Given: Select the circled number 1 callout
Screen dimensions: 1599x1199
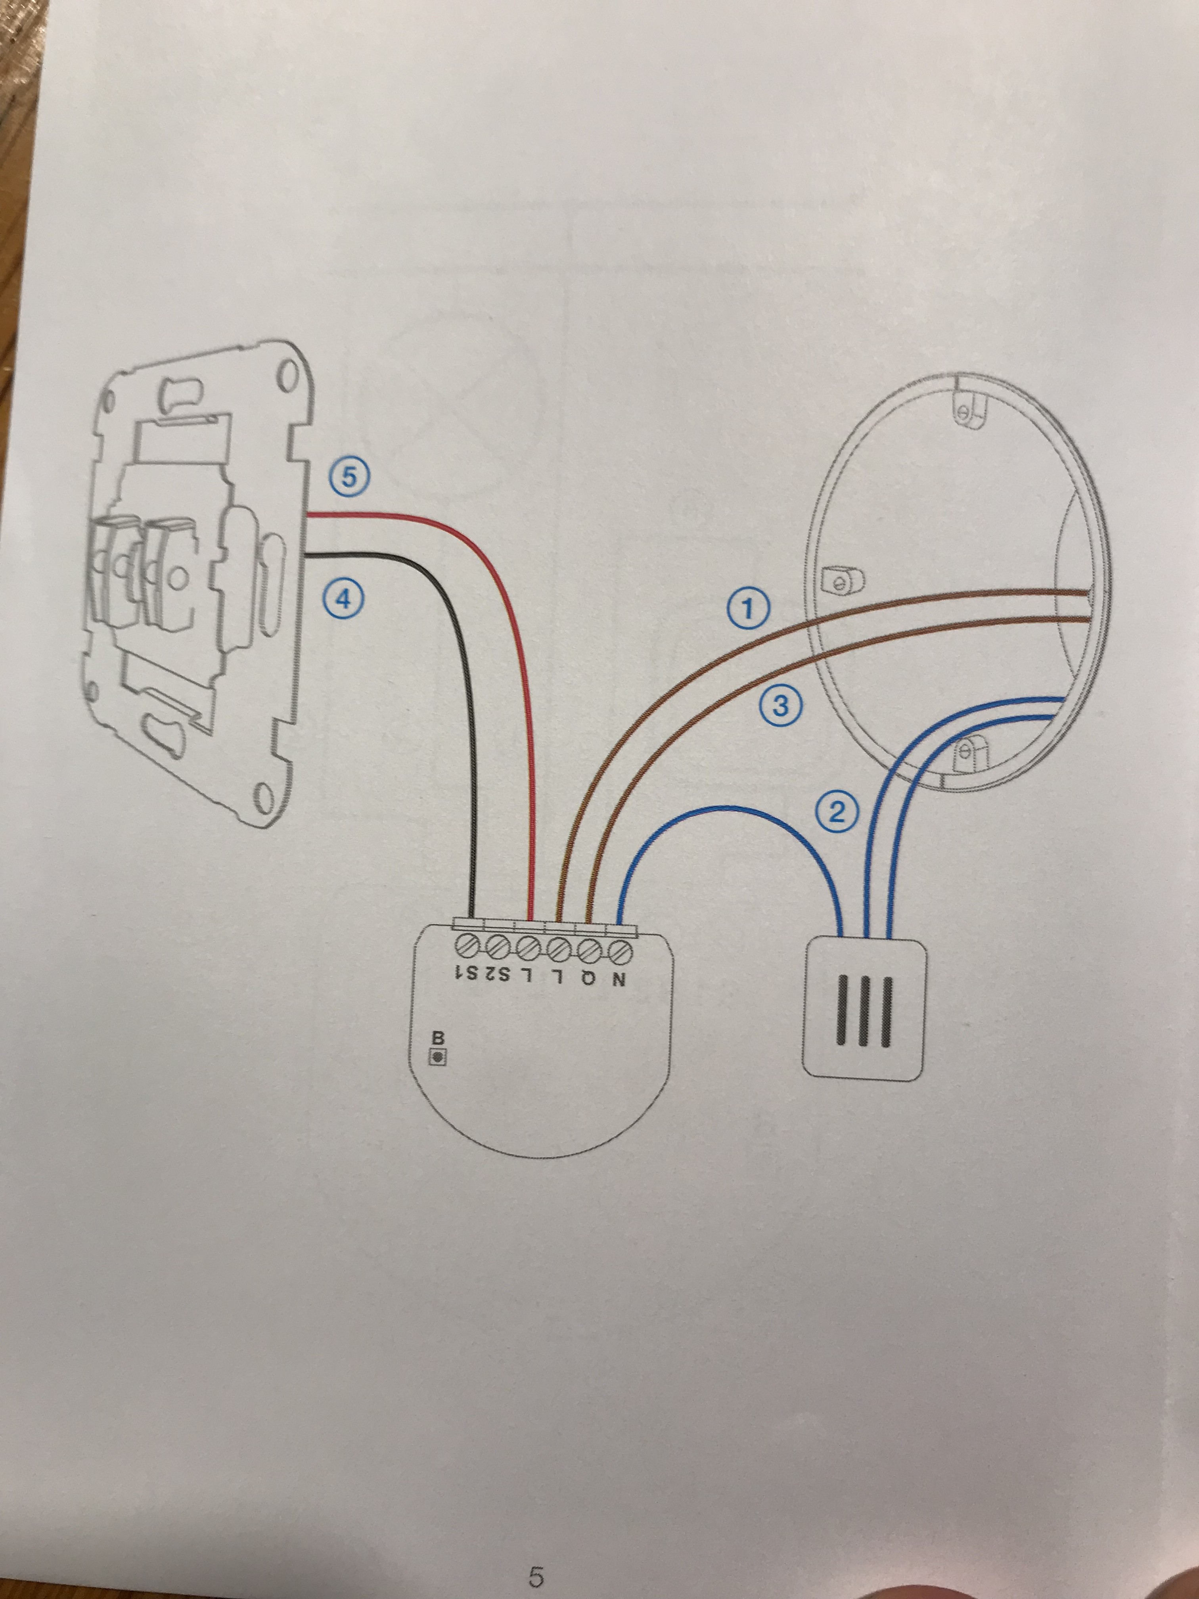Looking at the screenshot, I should click(748, 610).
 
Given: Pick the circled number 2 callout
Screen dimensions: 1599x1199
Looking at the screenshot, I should click(836, 814).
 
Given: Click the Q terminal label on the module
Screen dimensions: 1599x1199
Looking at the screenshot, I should click(588, 979).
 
